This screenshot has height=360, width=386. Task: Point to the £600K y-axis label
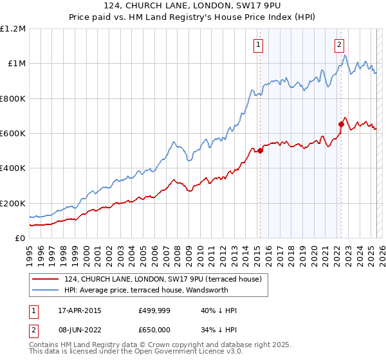point(13,133)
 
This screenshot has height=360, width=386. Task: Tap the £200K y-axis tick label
point(13,203)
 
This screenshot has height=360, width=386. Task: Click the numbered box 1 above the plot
point(258,45)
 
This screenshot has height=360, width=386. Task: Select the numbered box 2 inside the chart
point(339,45)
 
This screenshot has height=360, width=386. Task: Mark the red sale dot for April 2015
point(260,151)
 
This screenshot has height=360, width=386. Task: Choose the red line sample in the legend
point(46,279)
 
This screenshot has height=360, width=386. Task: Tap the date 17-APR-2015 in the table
point(77,310)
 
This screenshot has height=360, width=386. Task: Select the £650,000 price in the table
point(154,328)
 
